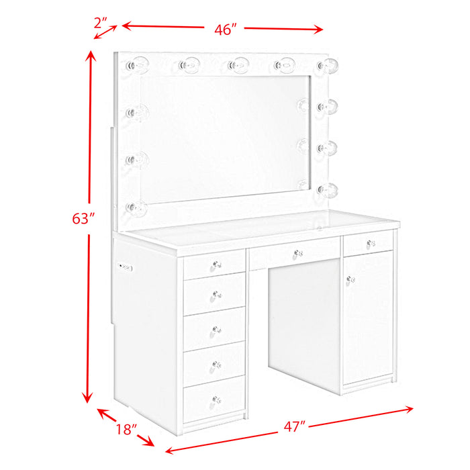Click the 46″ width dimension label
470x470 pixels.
[226, 30]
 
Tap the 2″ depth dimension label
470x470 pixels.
[101, 21]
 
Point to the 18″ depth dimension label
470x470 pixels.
[126, 428]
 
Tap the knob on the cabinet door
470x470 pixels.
[349, 277]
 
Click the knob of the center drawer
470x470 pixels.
[297, 253]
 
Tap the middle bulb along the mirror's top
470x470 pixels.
[238, 64]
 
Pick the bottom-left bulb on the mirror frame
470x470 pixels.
[138, 207]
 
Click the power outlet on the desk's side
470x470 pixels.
[126, 268]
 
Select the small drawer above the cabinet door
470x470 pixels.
[368, 243]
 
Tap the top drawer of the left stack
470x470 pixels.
[215, 265]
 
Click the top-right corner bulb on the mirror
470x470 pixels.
[328, 65]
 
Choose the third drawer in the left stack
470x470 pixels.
[215, 328]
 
